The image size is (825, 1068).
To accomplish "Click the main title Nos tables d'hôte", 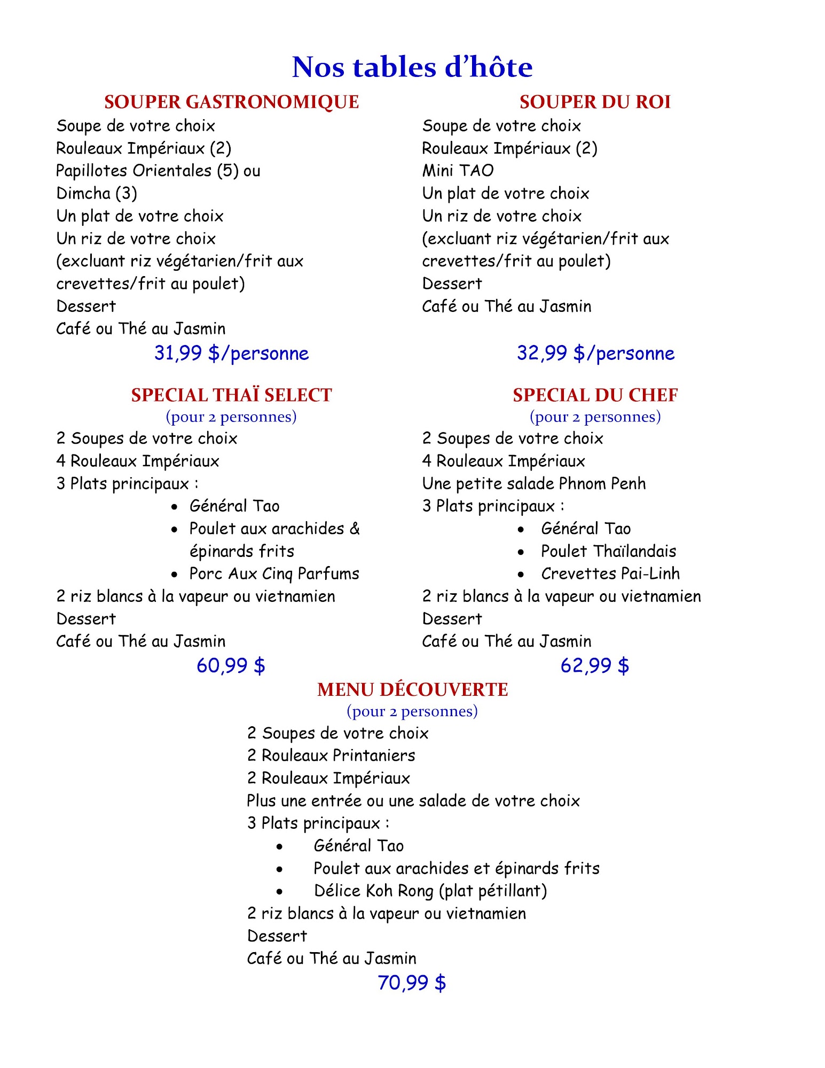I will [412, 67].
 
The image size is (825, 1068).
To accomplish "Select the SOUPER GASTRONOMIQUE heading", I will [231, 102].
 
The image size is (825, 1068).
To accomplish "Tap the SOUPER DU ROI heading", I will [595, 102].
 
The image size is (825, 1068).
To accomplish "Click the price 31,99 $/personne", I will [231, 353].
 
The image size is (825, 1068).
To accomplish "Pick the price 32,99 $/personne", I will [595, 353].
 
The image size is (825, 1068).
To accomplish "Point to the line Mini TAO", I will [458, 170].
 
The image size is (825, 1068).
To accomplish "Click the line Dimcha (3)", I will [97, 193].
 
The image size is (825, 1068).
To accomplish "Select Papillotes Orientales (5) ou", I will [158, 170].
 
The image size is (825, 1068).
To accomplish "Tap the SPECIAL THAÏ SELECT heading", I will [231, 395].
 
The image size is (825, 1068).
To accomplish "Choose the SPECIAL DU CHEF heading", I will [595, 395].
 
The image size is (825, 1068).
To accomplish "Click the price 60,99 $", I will [231, 665].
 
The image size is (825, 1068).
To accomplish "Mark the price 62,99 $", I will [594, 665].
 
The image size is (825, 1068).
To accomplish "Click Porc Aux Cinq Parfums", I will [274, 574].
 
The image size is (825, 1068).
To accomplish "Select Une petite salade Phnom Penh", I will [533, 483].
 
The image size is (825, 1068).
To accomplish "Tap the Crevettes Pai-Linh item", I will [610, 574].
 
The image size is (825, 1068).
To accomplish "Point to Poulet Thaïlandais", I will [608, 551].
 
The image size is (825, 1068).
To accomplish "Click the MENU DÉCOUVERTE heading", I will [412, 689].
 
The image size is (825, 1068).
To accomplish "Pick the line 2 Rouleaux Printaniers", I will [331, 755].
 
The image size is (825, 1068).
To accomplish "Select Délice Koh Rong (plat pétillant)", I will [430, 891].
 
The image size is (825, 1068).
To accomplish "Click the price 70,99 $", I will [412, 983].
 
